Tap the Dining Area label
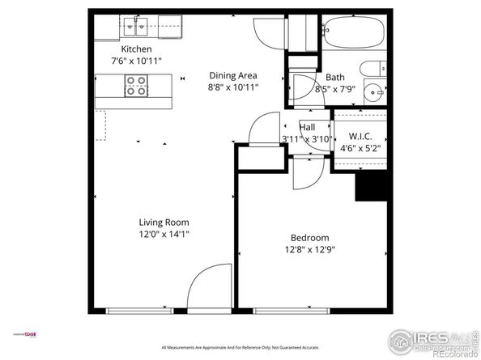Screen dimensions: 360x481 coord(233,75)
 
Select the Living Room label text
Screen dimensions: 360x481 coord(164,222)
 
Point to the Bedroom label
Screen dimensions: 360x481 coord(310,237)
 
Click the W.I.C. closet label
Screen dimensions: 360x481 coord(360,135)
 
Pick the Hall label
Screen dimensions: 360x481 coord(307,127)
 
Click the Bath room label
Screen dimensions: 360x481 coord(334,78)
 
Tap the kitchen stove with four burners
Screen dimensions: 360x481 coord(135,86)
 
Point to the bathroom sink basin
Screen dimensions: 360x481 coord(375,91)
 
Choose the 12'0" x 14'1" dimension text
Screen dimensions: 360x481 coord(164,234)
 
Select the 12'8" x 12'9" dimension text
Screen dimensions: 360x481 coord(310,249)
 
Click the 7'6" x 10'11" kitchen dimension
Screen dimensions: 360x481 coord(135,59)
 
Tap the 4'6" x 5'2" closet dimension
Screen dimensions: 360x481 coord(360,148)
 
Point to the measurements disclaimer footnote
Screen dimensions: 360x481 coord(240,347)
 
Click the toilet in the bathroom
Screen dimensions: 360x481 coord(374,69)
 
